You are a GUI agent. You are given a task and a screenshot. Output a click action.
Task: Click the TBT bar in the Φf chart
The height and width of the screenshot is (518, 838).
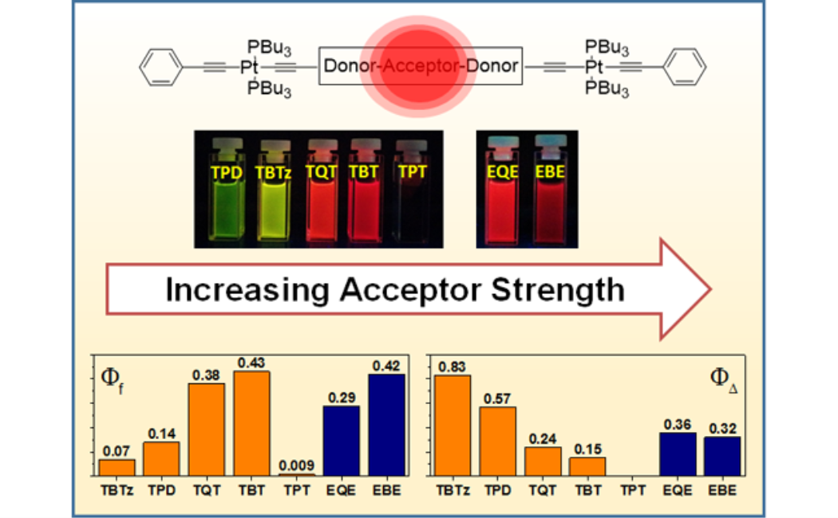(251, 423)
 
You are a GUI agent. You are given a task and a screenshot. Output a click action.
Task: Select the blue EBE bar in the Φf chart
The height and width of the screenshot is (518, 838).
(386, 425)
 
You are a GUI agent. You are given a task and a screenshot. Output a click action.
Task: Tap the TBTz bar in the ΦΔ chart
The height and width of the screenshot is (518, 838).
(453, 426)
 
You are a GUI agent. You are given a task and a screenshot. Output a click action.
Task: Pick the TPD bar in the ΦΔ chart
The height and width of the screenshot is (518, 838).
(497, 441)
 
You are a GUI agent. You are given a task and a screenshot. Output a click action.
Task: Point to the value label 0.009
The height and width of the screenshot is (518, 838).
(296, 466)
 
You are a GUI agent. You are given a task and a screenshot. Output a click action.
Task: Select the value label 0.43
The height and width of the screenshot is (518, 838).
(251, 363)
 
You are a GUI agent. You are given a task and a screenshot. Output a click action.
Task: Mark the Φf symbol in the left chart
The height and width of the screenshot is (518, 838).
(113, 375)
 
